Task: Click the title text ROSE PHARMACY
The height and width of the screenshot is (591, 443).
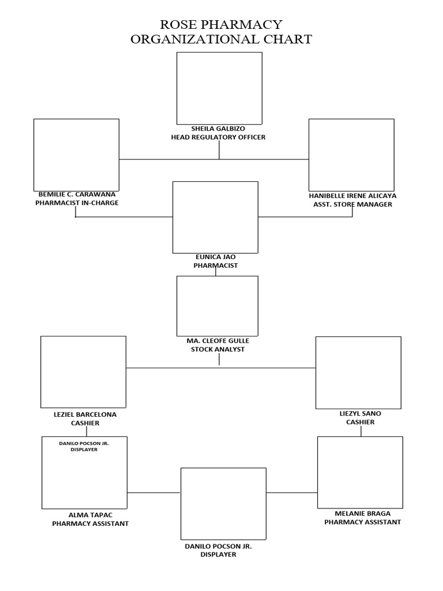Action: [x=221, y=24]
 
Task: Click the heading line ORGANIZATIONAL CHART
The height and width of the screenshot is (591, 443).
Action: [x=221, y=39]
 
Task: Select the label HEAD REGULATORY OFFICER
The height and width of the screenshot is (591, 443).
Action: [x=218, y=137]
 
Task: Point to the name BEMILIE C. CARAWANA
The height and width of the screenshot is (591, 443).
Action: [x=77, y=194]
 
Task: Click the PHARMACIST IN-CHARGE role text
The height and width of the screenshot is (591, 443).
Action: [x=77, y=203]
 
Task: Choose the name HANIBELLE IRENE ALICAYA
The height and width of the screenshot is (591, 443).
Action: [x=352, y=196]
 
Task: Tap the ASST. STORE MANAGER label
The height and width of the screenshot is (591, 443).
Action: [x=352, y=204]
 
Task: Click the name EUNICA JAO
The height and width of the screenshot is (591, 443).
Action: [x=215, y=257]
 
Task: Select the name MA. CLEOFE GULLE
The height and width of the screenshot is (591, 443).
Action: [x=218, y=341]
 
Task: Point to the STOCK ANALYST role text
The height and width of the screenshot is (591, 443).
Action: [x=218, y=349]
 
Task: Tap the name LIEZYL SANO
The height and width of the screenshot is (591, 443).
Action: [x=361, y=413]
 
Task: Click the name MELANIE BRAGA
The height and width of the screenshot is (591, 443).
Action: [x=362, y=513]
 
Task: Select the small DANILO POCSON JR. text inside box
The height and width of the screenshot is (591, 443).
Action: [x=84, y=443]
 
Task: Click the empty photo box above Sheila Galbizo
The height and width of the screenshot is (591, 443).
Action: [x=219, y=88]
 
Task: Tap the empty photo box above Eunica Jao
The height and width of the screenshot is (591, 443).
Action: [x=215, y=217]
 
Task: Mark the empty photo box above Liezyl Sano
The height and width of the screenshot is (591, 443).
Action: [x=358, y=373]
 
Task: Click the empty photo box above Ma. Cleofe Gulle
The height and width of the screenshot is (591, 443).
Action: [x=217, y=305]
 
